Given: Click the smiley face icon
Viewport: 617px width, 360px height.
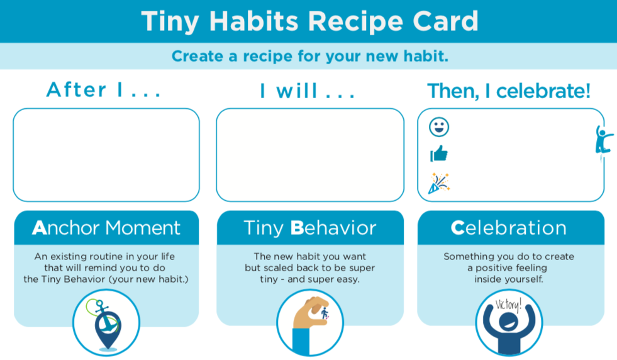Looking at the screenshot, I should coord(439,127).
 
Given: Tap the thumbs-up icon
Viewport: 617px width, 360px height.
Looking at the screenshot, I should coord(438,154).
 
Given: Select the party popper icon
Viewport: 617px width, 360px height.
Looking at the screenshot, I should coord(438,183).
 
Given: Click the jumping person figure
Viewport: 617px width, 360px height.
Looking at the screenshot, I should coord(603,140).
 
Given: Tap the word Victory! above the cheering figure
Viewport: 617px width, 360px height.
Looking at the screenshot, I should coord(508,305).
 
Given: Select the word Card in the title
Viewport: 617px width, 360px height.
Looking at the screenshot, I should coord(444,21).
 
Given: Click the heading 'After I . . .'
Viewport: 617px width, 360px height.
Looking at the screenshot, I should coord(104,90).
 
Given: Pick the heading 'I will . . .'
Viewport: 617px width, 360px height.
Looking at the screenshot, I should coord(308,91).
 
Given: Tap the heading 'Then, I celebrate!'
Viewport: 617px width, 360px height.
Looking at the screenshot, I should coord(509,91).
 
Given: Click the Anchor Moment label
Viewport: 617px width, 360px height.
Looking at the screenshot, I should coord(106,228).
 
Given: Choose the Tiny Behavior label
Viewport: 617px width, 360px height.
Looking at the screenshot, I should coord(310,228).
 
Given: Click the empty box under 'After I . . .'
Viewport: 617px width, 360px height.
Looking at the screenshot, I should coord(106,155).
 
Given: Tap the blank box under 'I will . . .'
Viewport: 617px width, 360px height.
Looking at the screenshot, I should coord(310,155).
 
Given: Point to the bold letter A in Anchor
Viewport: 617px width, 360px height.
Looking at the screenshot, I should coord(39,228).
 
